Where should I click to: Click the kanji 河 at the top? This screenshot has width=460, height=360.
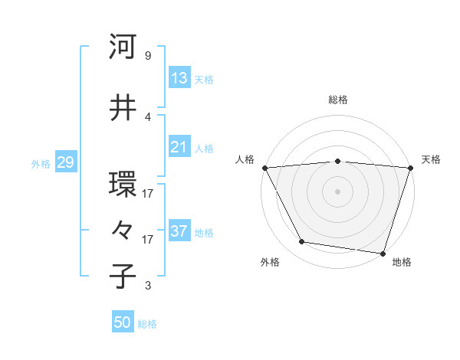click(x=123, y=47)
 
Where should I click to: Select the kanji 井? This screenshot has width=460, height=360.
click(x=123, y=108)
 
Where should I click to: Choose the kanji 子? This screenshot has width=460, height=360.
click(x=123, y=276)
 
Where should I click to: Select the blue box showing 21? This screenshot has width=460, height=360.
click(x=179, y=147)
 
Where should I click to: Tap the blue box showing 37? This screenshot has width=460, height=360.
click(x=179, y=231)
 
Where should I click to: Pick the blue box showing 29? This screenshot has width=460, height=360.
click(x=65, y=162)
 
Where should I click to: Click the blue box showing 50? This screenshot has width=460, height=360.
click(x=123, y=322)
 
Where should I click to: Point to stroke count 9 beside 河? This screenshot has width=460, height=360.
click(x=147, y=56)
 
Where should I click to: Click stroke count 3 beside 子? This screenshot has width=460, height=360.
click(x=147, y=286)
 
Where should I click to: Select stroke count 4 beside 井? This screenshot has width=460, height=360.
click(x=147, y=116)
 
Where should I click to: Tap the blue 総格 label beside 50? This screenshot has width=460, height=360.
click(x=147, y=324)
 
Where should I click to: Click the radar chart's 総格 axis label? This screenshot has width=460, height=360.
click(x=338, y=100)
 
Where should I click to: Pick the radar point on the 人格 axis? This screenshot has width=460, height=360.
click(x=264, y=168)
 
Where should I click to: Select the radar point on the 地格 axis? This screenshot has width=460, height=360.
click(x=383, y=253)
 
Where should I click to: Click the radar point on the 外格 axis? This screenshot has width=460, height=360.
click(x=302, y=242)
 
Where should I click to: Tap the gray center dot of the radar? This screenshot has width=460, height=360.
click(x=337, y=191)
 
